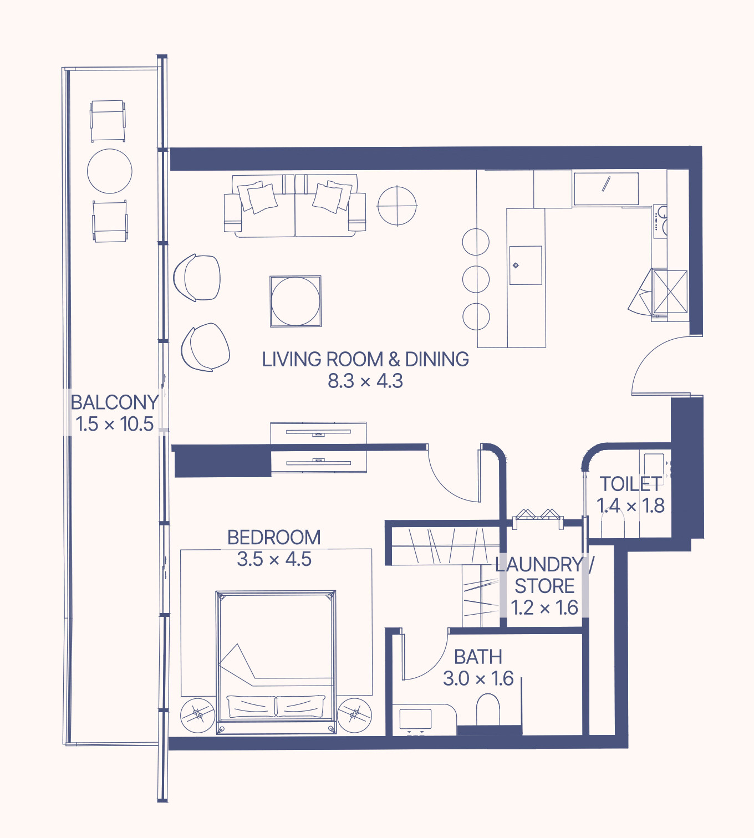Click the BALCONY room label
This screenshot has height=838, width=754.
115,402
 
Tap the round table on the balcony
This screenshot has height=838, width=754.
110,171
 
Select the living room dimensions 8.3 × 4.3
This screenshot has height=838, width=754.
365,381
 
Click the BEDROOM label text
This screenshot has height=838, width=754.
274,537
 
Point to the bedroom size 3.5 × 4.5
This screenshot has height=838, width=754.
274,559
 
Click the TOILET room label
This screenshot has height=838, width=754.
631,484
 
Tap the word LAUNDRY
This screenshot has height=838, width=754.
539,564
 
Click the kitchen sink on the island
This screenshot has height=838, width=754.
526,265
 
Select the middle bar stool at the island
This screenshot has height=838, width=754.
476,279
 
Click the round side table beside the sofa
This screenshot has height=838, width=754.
397,206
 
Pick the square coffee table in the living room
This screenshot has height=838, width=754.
296,301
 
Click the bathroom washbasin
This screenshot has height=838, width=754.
415,719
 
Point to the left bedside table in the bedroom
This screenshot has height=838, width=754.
198,716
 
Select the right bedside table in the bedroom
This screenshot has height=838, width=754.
354,715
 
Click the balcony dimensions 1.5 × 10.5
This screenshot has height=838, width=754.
115,424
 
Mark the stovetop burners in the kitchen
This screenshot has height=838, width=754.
660,221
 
